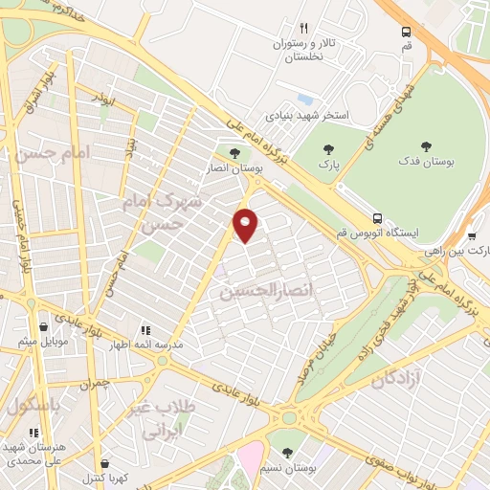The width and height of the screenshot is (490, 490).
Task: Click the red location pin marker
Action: point(246,224)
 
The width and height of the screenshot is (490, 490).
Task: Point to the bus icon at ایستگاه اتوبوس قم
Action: point(378,218)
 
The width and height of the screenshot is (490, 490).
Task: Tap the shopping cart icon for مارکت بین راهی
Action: point(473,235)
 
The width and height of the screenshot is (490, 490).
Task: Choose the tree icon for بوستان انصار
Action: point(234,152)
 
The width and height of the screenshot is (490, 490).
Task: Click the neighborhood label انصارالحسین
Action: point(253,288)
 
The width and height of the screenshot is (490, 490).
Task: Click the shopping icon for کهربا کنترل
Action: point(104,462)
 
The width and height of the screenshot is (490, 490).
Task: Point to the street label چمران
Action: point(95,382)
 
